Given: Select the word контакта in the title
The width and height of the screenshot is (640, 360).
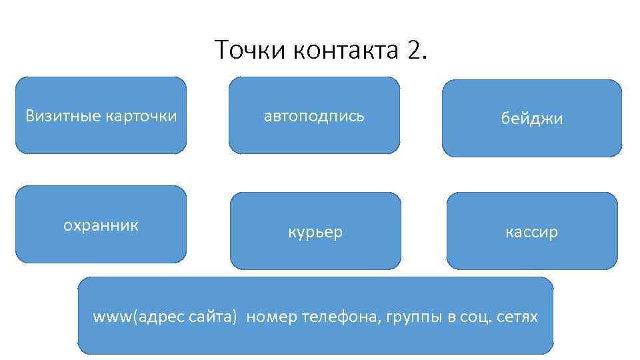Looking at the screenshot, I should coord(345,49).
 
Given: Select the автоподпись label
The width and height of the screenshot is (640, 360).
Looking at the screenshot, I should coord(314,116).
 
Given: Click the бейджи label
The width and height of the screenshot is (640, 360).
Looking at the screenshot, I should coord(532,119).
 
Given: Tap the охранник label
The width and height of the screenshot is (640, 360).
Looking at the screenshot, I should coord(101,225).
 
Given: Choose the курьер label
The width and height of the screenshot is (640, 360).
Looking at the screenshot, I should coord(315,232).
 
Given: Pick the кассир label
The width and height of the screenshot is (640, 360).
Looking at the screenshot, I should coord(531,232).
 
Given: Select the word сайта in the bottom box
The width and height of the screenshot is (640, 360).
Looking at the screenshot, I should coord(214,317).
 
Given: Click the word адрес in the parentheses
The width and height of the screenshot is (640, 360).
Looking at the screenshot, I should coord(162,317).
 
